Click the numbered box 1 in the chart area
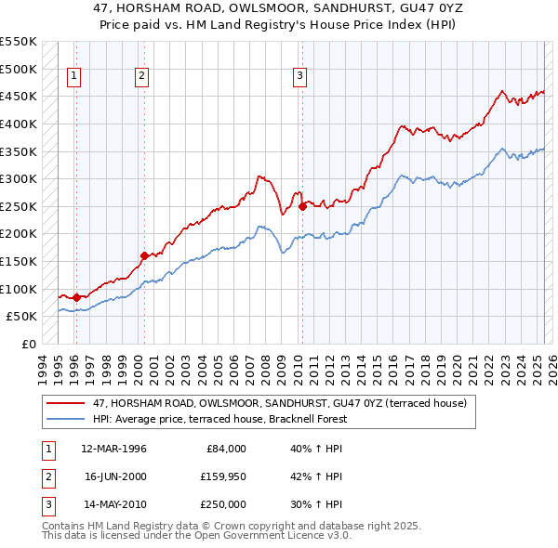[73, 77]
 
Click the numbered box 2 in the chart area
[142, 77]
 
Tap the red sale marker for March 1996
[76, 297]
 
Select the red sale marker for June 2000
[144, 255]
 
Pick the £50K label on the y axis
[22, 316]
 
